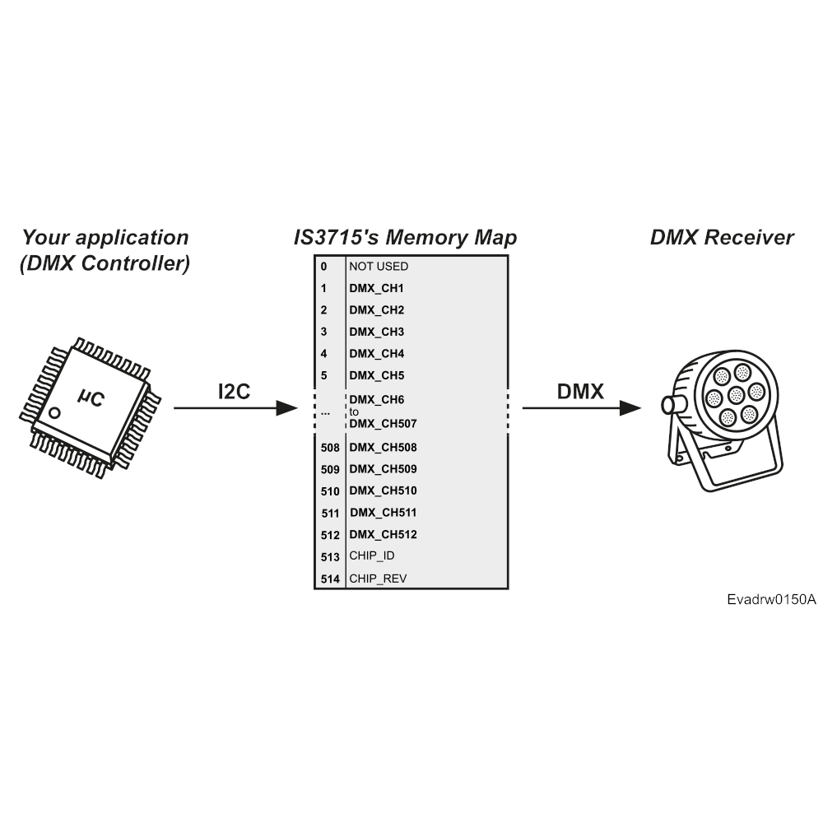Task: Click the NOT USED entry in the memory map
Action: coord(379,267)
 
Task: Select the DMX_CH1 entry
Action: coord(376,289)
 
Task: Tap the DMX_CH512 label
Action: coord(384,534)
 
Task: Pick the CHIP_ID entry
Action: coord(372,556)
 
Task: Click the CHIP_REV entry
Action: coord(378,579)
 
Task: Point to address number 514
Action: coord(330,579)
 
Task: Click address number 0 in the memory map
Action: coord(323,267)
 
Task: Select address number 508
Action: coord(330,448)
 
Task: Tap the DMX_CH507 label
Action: coord(384,424)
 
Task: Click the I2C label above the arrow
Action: coord(234,392)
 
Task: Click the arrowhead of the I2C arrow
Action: coord(287,408)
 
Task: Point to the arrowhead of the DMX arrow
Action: coord(630,408)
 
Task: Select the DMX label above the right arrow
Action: coord(580,392)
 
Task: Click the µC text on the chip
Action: coord(91,398)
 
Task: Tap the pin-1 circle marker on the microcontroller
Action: coord(54,413)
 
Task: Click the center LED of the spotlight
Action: coord(736,395)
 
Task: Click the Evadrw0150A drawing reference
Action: coord(772,599)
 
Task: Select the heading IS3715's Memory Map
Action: coord(405,237)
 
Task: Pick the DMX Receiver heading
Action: coord(722,237)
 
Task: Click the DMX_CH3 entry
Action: coord(377,332)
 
